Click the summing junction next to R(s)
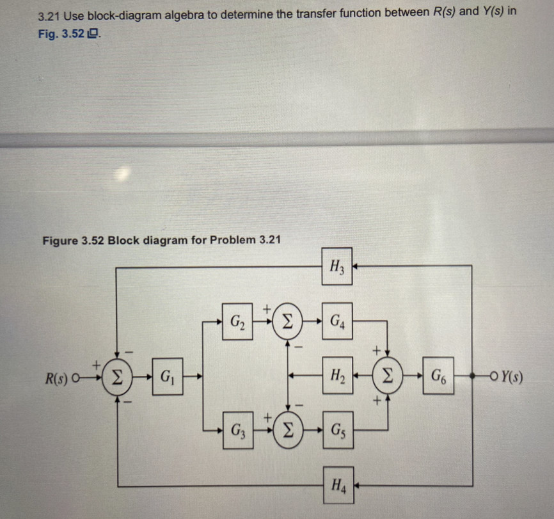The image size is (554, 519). pyautogui.click(x=116, y=374)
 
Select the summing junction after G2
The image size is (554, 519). pyautogui.click(x=287, y=318)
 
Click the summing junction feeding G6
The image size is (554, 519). pyautogui.click(x=388, y=374)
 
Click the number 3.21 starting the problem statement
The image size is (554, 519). pyautogui.click(x=48, y=15)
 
